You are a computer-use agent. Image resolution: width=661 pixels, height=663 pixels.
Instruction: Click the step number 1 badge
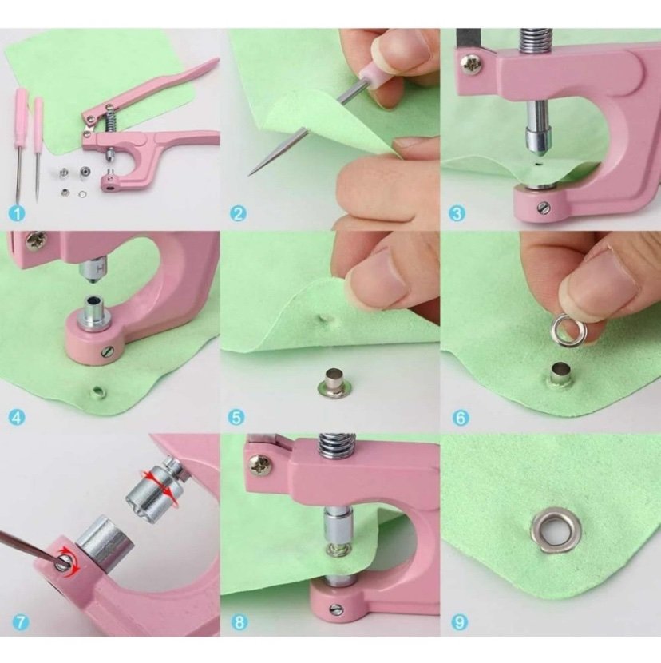(x=17, y=213)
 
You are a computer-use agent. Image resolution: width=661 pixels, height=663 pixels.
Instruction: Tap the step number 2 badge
(x=239, y=213)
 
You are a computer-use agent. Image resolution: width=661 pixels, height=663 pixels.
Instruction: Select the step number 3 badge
(x=457, y=213)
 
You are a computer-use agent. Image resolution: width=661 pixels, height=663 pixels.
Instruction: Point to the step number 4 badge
(x=17, y=418)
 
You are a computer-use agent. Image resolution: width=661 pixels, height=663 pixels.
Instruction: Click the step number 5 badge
(x=236, y=418)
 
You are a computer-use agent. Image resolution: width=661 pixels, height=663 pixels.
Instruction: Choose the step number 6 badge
(x=461, y=418)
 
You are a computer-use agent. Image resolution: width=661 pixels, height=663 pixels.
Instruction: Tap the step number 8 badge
(x=239, y=622)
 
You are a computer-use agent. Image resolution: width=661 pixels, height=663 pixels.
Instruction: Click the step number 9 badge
(x=460, y=622)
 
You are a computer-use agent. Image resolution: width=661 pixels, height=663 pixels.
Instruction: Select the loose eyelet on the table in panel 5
(x=333, y=383)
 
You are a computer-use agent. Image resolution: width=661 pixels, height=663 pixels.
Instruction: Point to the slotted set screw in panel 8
(x=336, y=609)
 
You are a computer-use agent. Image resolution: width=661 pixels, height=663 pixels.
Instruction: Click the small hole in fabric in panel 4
(x=98, y=392)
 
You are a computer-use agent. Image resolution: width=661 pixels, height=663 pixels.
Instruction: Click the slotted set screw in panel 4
(x=109, y=351)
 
